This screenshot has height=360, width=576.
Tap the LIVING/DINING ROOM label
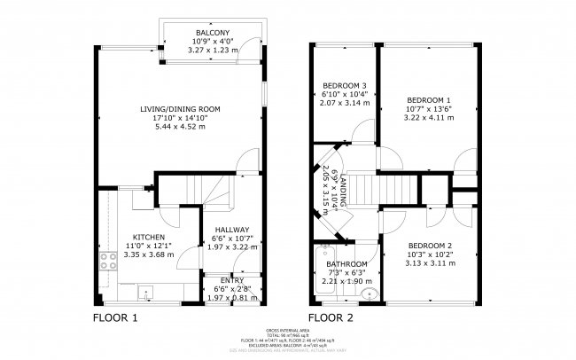[x=180, y=109]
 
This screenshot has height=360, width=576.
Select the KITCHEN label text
[x=149, y=237]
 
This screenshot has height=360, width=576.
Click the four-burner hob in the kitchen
[x=109, y=261]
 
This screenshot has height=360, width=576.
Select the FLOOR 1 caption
[x=116, y=317]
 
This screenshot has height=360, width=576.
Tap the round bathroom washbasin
[x=370, y=294]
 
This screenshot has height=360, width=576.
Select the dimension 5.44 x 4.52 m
[x=180, y=126]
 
